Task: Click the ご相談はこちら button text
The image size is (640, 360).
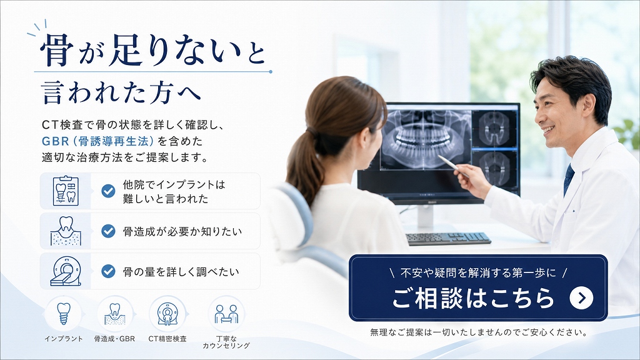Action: (473, 298)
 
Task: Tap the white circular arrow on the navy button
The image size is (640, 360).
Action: (581, 298)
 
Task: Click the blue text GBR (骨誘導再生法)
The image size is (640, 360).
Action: (97, 141)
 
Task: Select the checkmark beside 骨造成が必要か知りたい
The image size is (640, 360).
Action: (108, 231)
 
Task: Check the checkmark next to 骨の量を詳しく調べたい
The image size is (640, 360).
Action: (108, 271)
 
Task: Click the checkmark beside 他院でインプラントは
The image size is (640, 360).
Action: (108, 191)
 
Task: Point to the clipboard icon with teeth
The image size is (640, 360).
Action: (66, 191)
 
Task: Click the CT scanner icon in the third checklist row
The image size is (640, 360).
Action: (66, 271)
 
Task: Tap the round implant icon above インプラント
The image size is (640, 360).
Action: (63, 314)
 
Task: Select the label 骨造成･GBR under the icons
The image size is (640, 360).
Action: (114, 339)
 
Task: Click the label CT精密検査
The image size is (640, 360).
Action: (167, 339)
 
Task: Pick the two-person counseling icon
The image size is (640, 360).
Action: (226, 314)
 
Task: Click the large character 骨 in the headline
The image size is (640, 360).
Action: (57, 50)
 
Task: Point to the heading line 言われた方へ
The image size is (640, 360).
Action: (121, 92)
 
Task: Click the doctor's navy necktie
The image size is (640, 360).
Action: (569, 179)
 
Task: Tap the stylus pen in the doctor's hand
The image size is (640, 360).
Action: (453, 165)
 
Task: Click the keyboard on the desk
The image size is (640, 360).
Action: (448, 238)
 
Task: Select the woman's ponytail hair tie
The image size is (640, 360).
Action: (312, 132)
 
